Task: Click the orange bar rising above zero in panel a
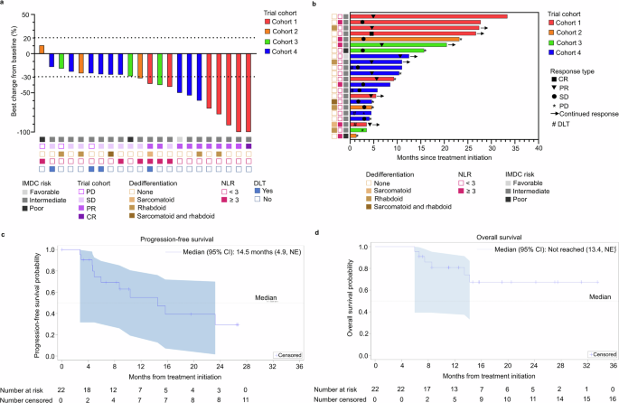point(41,51)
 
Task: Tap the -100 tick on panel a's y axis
point(22,132)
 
